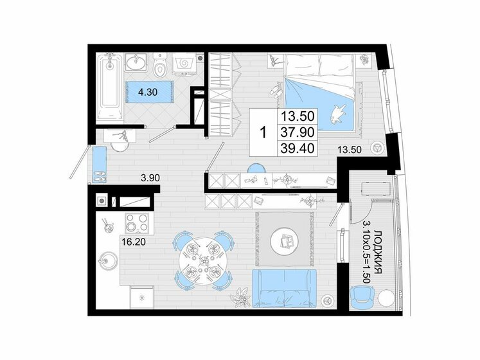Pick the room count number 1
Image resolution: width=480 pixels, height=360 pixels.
coord(262,132)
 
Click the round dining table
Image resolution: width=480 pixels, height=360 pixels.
coord(200,258)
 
